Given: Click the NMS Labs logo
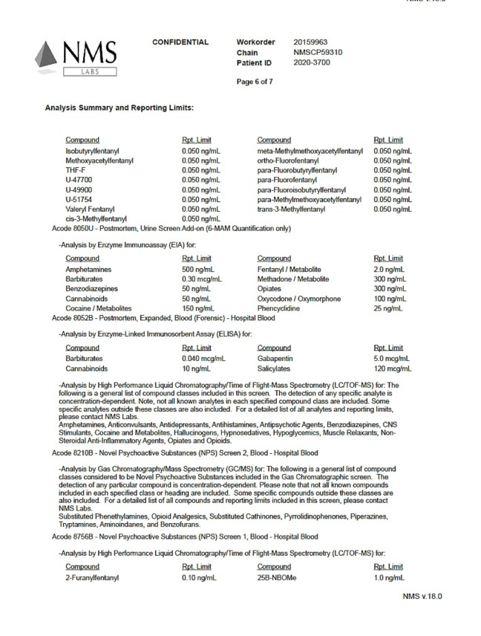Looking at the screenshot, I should pos(74,56).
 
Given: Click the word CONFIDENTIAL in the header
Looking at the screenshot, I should pos(180,42).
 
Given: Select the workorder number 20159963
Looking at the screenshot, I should pos(311,42).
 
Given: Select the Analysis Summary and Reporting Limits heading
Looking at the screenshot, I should pos(119,108).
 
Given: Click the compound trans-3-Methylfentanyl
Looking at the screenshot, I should pos(291,209).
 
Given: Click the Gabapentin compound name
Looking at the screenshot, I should pos(276,357).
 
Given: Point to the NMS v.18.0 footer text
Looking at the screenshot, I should pos(425,596).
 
